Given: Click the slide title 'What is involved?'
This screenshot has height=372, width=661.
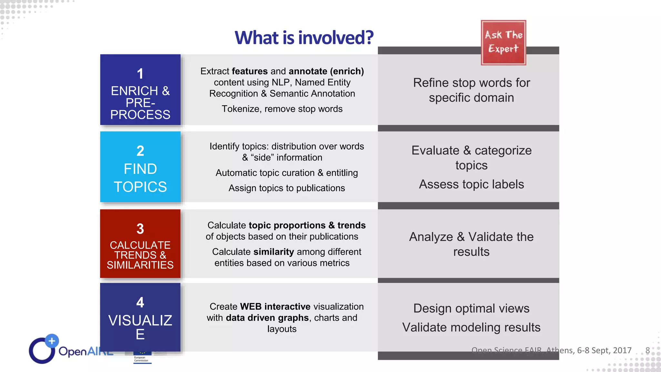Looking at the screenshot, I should [304, 37].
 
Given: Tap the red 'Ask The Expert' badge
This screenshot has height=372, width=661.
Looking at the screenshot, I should [503, 43].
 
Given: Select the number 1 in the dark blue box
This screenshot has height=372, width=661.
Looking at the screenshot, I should [140, 74].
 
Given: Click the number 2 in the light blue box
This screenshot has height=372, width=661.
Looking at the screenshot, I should [140, 151].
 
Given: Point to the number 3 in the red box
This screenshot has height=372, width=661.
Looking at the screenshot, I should [140, 229].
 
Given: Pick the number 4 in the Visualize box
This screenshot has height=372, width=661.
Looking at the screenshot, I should [140, 302].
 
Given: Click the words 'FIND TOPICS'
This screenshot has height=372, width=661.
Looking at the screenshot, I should [140, 178].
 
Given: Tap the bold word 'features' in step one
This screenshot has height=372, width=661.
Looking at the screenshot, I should [249, 71].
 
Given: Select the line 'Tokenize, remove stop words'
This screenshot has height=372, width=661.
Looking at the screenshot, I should [282, 109].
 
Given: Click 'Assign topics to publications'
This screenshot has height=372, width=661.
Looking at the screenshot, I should [287, 188].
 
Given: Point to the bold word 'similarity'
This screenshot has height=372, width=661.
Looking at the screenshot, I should [273, 252].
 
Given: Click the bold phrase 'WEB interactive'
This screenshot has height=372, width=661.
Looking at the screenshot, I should [275, 306].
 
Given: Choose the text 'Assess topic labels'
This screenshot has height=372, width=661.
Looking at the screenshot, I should [471, 184].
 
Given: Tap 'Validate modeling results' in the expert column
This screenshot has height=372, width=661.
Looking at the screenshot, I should [471, 327].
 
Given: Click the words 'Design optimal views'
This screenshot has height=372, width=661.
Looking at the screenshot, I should [471, 308].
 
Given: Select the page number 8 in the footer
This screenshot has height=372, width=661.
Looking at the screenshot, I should [647, 350].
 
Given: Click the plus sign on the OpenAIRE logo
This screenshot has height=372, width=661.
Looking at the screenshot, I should [52, 341].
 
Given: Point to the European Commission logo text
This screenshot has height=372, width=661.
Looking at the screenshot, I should [141, 359].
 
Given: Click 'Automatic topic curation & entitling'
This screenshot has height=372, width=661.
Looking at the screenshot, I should [287, 173].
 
